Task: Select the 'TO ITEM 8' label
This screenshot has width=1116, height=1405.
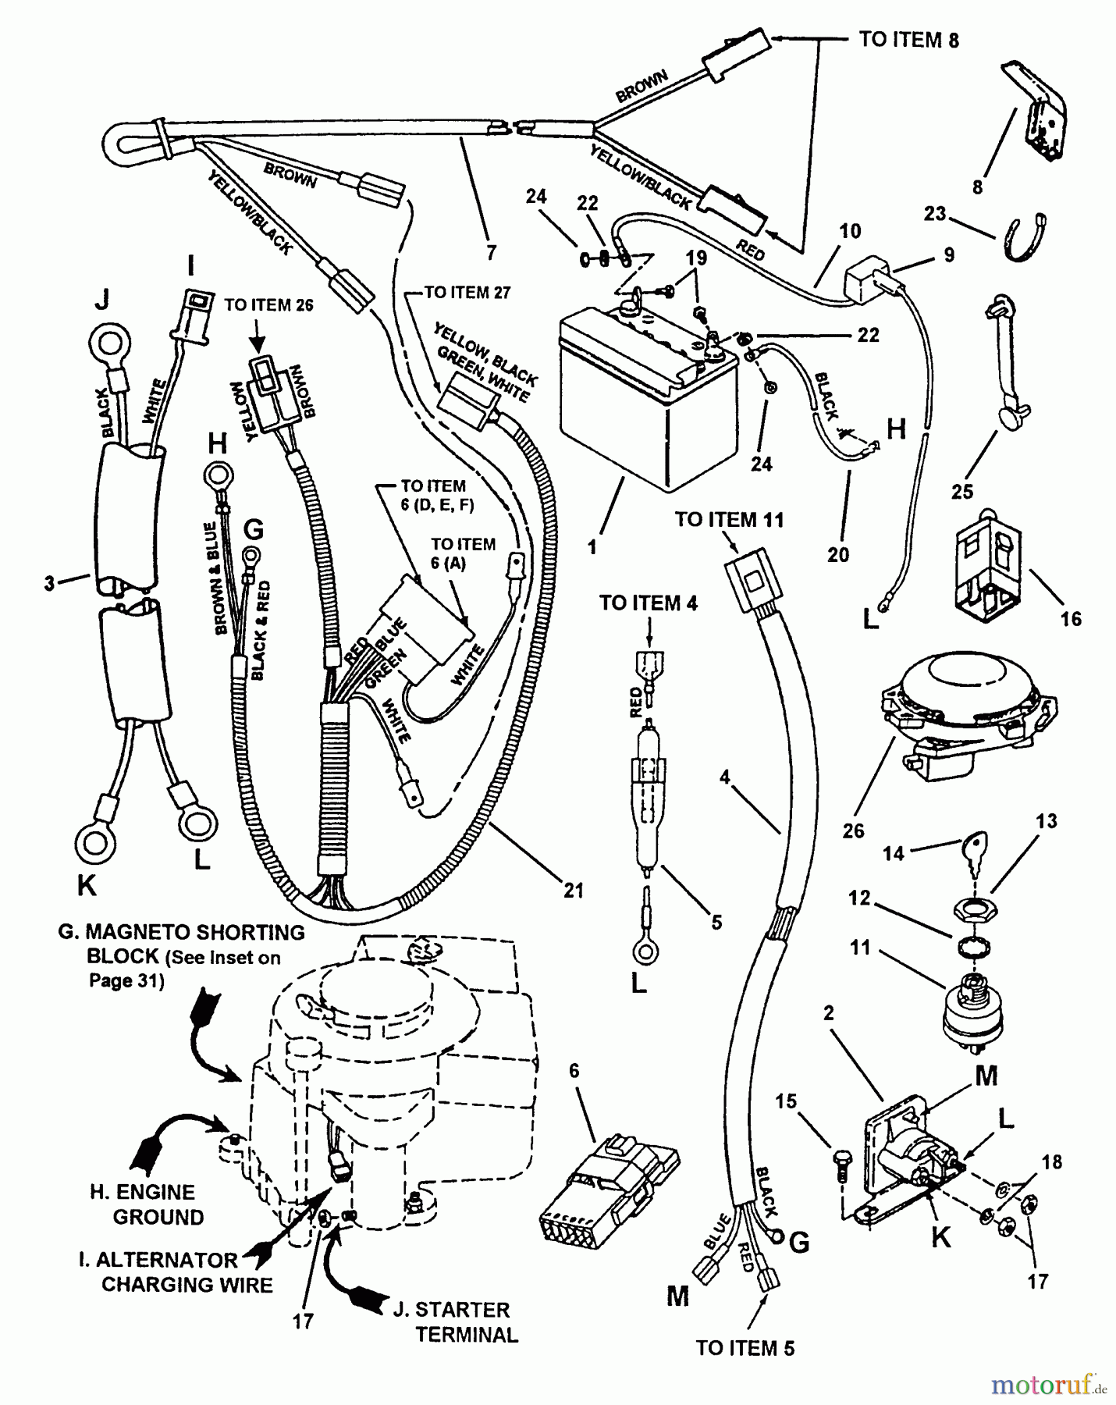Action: [x=908, y=39]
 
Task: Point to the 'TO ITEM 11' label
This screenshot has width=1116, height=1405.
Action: [x=729, y=520]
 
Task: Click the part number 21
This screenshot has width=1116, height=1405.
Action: [x=574, y=890]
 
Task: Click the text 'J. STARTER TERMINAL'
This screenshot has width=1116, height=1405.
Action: [x=453, y=1322]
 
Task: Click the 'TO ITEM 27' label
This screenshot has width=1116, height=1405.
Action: [x=467, y=293]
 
